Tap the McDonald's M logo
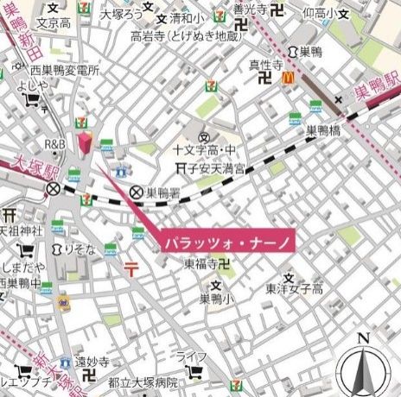tap(287, 79)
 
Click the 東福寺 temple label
tap(200, 267)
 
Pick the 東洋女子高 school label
tap(294, 289)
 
